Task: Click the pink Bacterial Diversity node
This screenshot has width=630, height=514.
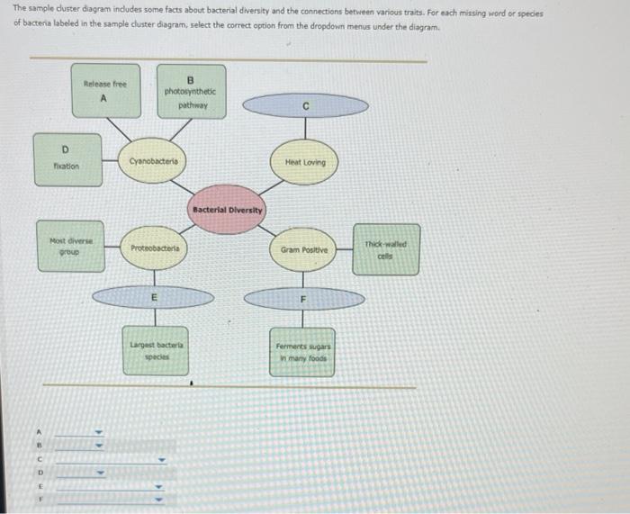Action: [227, 210]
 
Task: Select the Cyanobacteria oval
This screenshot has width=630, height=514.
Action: [154, 162]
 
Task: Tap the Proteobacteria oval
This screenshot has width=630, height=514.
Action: [155, 248]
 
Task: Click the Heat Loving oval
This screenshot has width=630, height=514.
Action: [305, 162]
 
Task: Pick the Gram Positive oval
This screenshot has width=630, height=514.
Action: [304, 248]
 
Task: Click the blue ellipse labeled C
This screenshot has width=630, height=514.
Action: [306, 106]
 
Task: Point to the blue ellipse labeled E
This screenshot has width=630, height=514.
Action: [154, 296]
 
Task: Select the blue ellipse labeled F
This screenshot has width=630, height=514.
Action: [304, 297]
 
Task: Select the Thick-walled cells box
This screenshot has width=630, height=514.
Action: [386, 248]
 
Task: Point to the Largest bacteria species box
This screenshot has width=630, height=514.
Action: [156, 349]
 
